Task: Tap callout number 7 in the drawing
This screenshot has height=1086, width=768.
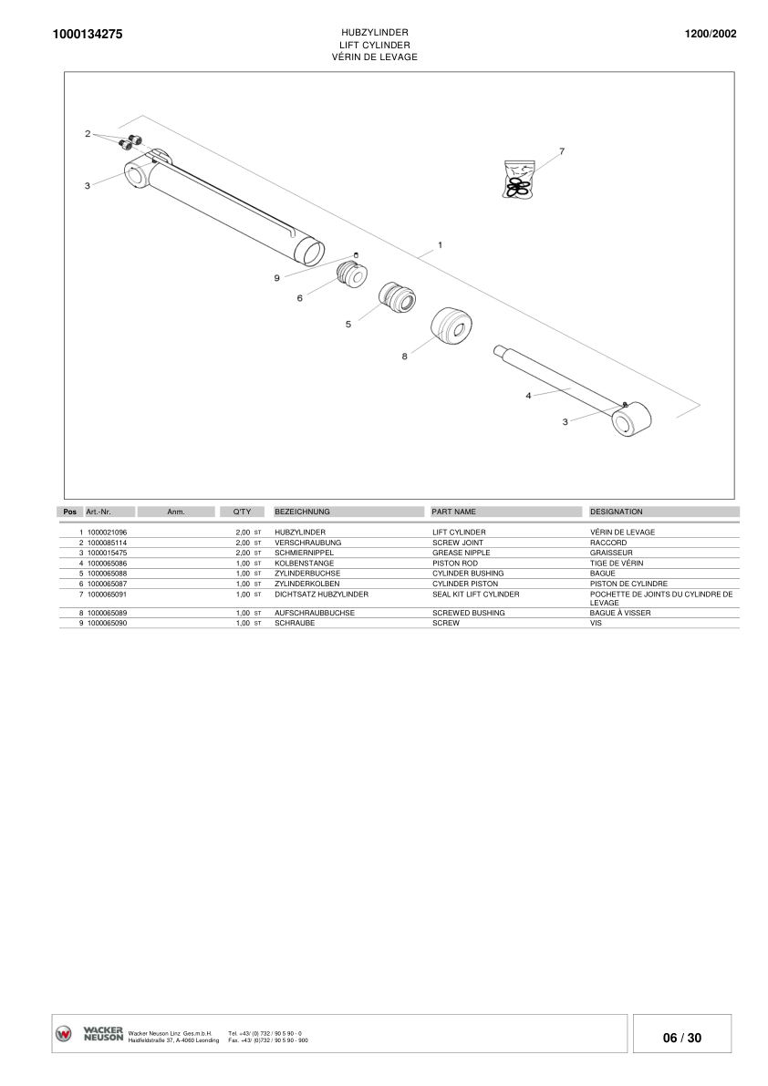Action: (562, 150)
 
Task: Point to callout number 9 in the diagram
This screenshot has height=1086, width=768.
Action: (277, 278)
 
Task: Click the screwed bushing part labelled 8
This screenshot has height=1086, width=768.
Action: (451, 326)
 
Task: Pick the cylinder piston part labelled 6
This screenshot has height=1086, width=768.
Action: (351, 273)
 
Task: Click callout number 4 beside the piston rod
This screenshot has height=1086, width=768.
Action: (528, 395)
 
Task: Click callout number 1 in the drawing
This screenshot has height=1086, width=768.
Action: (440, 244)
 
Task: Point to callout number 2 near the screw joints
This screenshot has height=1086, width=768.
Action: (88, 134)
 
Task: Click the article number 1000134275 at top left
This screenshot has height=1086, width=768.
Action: (88, 35)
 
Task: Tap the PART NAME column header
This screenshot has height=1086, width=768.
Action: (453, 512)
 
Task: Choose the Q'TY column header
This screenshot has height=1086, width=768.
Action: (242, 512)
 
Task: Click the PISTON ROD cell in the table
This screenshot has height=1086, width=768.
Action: (454, 564)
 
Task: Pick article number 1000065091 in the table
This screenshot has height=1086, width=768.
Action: (107, 594)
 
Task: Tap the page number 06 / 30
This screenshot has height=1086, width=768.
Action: (681, 1038)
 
